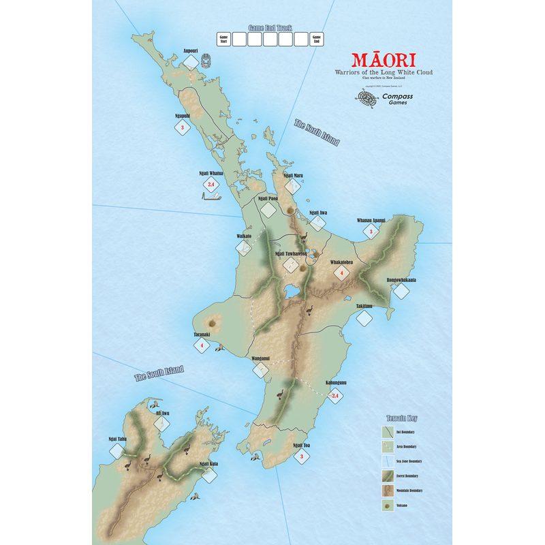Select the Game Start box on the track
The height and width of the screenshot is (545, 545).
222,40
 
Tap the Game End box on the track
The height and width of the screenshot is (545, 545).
316,40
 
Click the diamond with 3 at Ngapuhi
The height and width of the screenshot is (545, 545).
181,127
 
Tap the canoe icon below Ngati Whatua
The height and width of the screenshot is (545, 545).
211,197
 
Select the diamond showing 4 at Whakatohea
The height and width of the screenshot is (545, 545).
342,272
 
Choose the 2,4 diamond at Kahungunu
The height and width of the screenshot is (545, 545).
334,395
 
